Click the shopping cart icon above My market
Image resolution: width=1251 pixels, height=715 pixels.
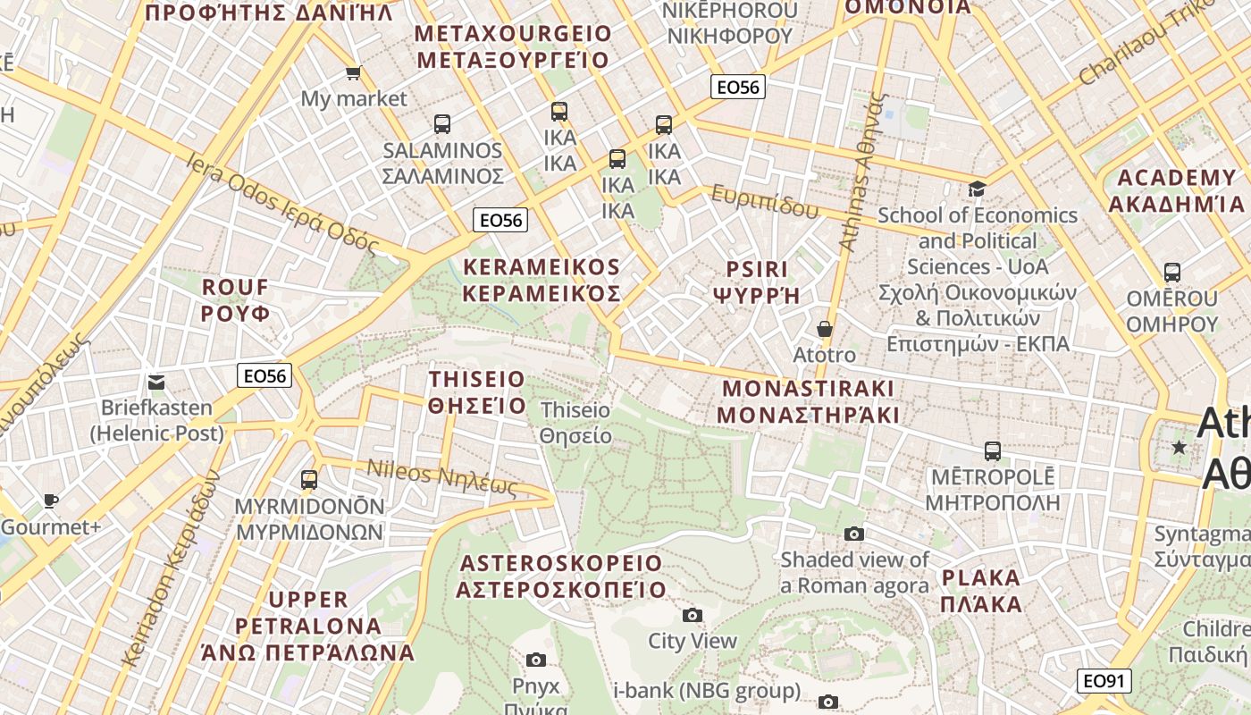tap(353, 72)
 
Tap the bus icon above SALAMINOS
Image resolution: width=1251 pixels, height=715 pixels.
tap(441, 124)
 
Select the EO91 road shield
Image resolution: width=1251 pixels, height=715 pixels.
tap(1103, 681)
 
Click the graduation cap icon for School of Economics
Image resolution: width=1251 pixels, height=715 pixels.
tap(977, 189)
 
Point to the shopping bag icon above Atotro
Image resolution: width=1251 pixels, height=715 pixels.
tap(824, 329)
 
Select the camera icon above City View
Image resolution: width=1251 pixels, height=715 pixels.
tap(692, 615)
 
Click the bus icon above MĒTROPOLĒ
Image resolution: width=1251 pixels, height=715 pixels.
tap(992, 450)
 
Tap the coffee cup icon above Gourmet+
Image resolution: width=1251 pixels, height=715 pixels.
tap(51, 500)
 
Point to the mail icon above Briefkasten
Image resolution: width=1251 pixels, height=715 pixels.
tap(156, 383)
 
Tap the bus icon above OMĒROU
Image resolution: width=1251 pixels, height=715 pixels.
tap(1171, 273)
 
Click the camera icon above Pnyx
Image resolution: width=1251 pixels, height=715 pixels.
tap(536, 660)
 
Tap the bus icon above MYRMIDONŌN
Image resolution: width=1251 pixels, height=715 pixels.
tap(309, 480)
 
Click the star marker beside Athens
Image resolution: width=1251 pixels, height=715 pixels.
tap(1180, 447)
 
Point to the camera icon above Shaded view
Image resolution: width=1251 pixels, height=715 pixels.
tap(854, 534)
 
